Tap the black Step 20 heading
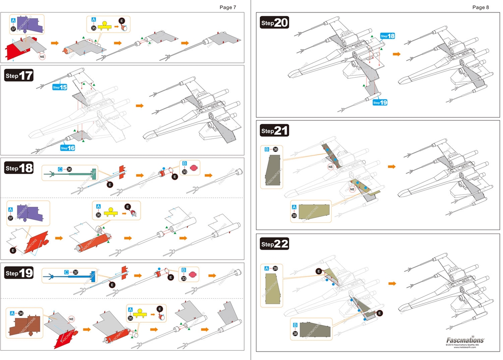click(x=275, y=23)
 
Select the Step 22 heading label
click(x=275, y=244)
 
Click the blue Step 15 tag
click(x=60, y=87)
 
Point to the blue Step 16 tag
click(x=68, y=148)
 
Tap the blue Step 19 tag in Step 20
click(x=380, y=103)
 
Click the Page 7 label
click(x=228, y=7)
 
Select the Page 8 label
click(x=481, y=7)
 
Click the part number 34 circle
click(x=21, y=313)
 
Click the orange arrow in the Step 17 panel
click(x=139, y=106)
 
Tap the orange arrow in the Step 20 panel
click(x=397, y=54)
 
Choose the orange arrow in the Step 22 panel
click(x=392, y=283)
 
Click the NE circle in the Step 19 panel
click(x=72, y=319)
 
